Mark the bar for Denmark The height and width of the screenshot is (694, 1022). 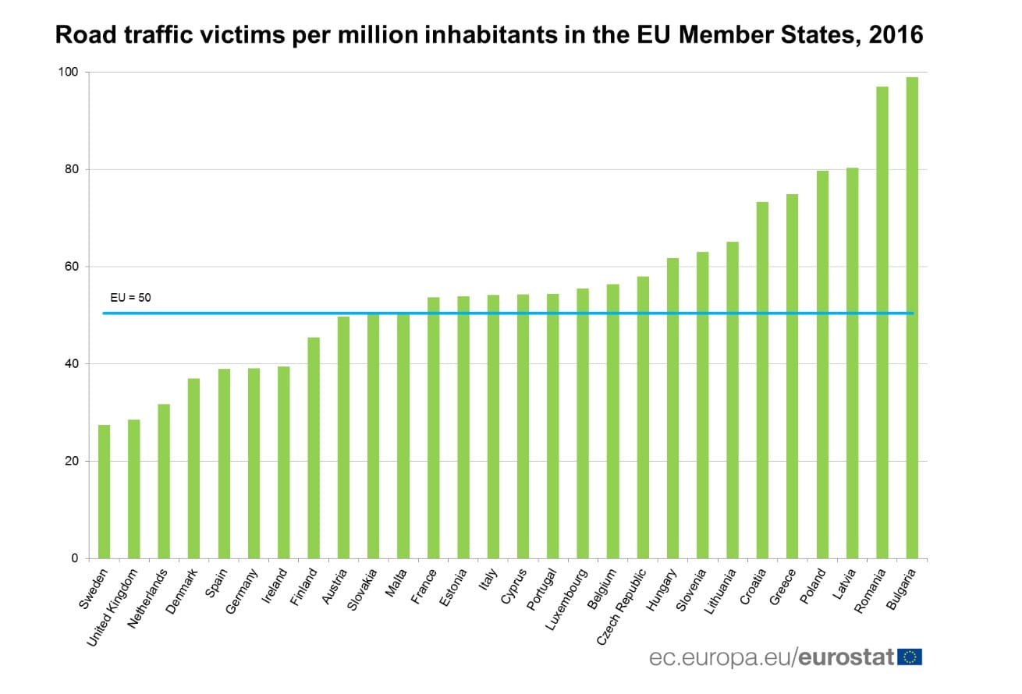pyautogui.click(x=193, y=468)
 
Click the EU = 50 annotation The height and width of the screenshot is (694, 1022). pyautogui.click(x=130, y=298)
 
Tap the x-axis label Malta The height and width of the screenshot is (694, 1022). pyautogui.click(x=399, y=584)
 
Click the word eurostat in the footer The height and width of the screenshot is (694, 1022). pyautogui.click(x=846, y=657)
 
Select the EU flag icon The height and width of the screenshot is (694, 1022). pyautogui.click(x=910, y=657)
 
